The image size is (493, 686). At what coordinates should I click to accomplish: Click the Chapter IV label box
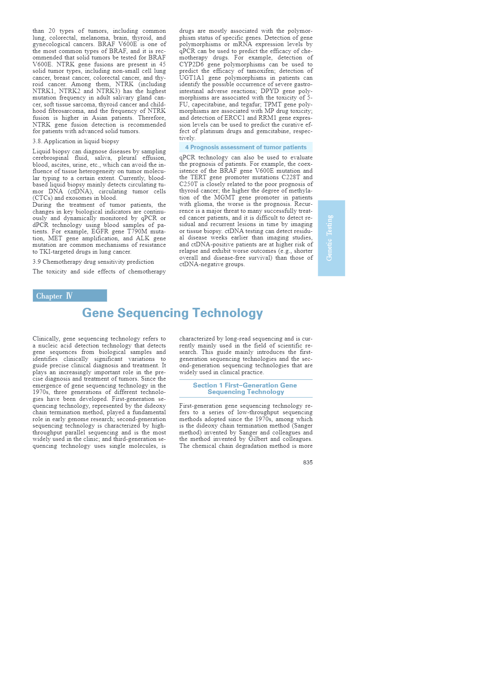(70, 296)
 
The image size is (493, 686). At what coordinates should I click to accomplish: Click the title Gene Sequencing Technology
(172, 313)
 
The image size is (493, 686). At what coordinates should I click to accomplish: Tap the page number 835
(308, 462)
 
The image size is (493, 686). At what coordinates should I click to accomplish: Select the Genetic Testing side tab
(331, 238)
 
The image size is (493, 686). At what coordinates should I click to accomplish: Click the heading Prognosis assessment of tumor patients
(246, 147)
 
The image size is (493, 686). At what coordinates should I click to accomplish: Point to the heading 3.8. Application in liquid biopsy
(76, 141)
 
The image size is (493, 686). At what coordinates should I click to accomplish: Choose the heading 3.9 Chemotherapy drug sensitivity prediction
(93, 262)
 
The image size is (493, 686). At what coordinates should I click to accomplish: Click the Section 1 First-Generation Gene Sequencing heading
(245, 388)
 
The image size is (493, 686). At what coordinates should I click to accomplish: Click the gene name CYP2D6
(191, 64)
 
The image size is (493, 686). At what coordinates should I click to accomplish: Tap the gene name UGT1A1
(191, 78)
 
